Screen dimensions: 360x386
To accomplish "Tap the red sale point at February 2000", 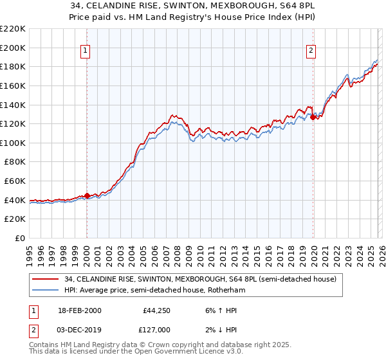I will (87, 195).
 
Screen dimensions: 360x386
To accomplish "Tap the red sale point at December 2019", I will (313, 117).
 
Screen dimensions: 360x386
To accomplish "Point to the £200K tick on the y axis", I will (14, 48).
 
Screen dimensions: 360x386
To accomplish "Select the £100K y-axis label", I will (14, 143).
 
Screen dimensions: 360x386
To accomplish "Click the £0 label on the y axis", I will (19, 238).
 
